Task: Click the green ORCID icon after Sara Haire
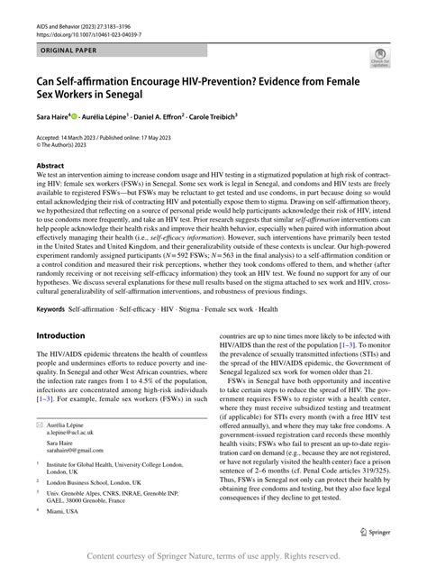click(86, 116)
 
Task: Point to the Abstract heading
click(50, 168)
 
